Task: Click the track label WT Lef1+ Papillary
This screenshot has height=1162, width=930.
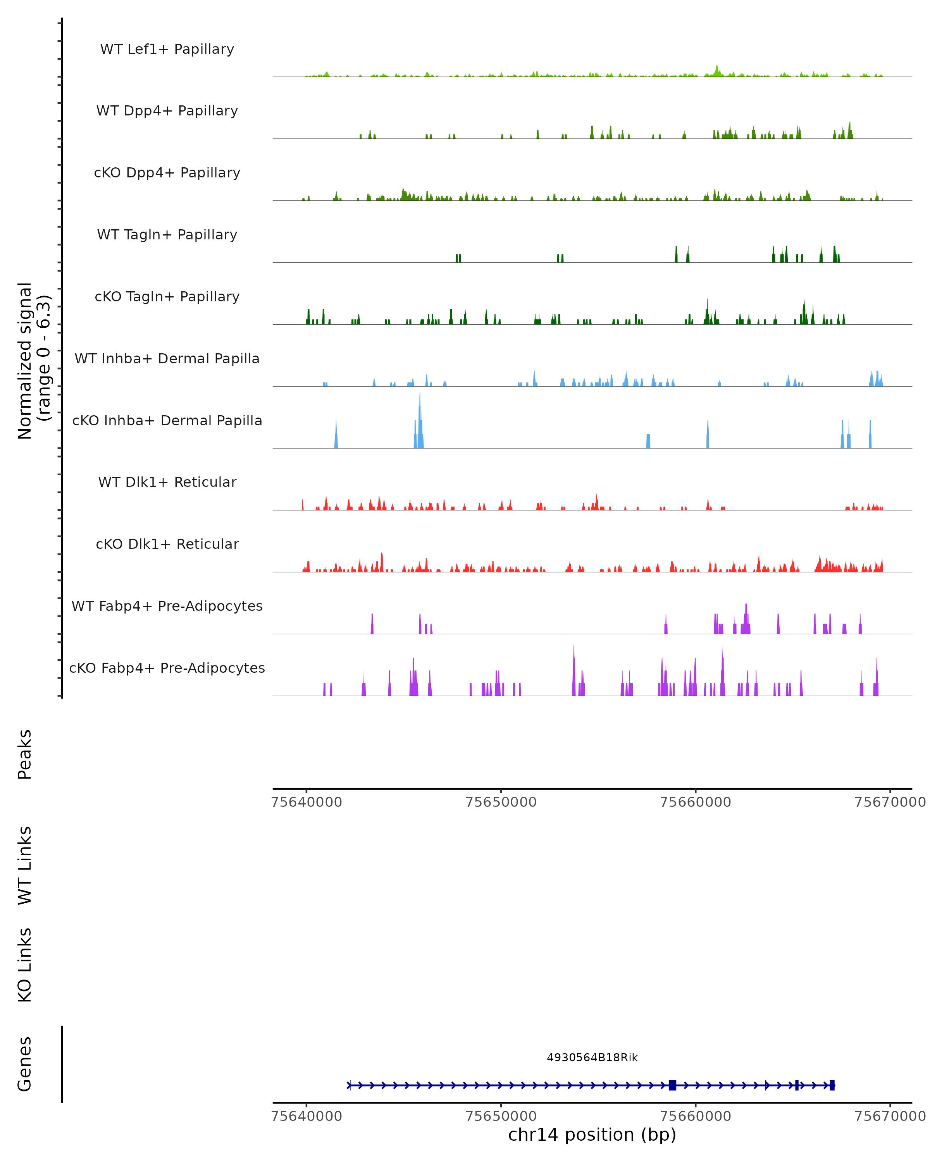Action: [167, 49]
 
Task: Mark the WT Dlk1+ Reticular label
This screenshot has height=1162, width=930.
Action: [167, 482]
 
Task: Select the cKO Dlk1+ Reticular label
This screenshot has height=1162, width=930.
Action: [167, 544]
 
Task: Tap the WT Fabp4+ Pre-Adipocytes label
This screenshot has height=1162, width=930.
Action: [167, 606]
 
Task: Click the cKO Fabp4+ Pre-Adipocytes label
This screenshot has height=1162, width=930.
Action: [167, 668]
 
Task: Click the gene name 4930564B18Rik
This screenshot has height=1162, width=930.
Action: [592, 1057]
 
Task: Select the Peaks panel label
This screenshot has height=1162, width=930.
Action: [25, 754]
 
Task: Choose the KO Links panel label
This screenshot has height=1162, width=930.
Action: [25, 965]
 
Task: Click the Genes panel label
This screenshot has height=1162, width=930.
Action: [25, 1064]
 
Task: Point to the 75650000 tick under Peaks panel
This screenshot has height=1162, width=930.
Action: [501, 802]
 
